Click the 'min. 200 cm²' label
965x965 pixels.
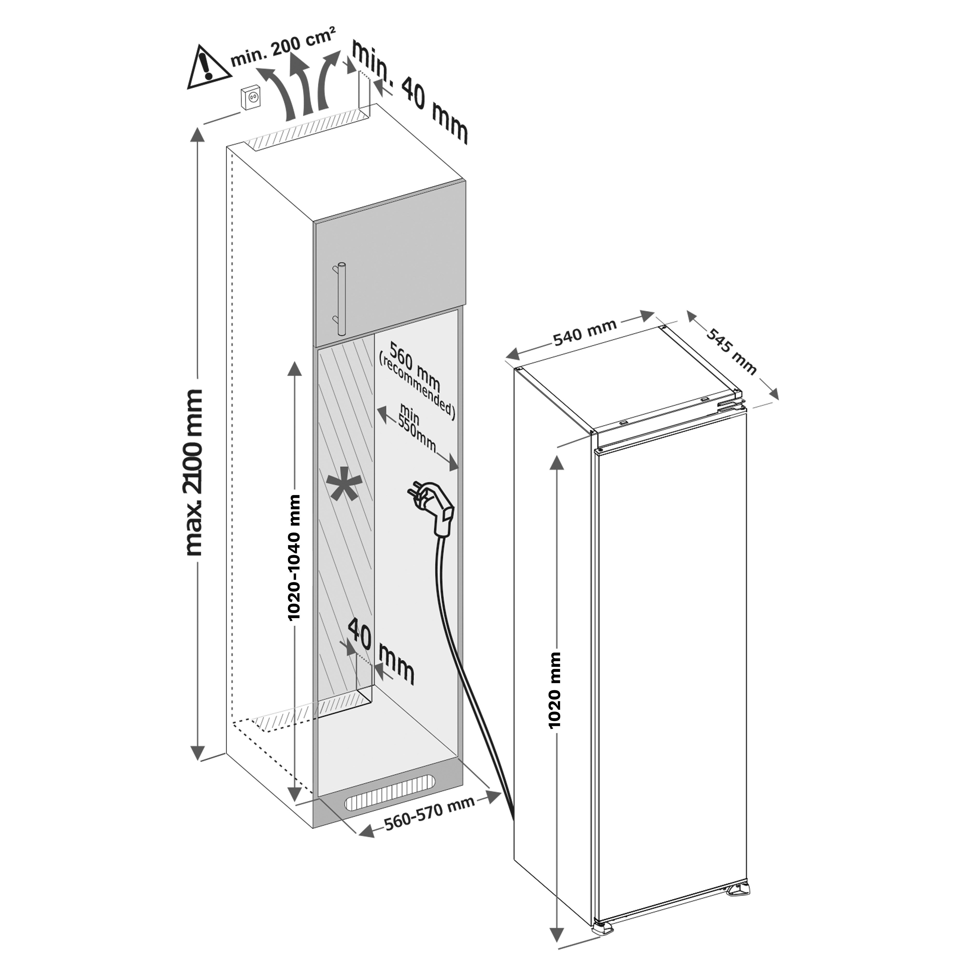(x=282, y=48)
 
